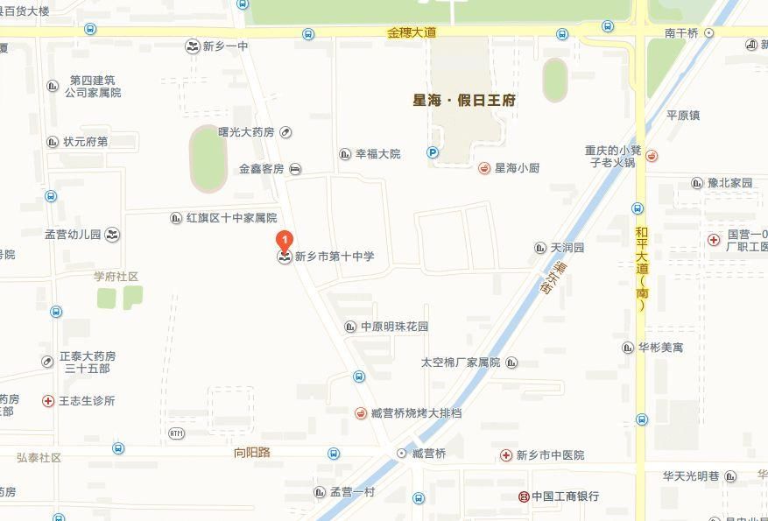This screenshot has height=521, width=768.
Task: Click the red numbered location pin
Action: tap(284, 239)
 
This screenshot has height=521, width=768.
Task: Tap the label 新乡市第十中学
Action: tap(334, 257)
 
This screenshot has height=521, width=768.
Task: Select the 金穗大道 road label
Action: tap(412, 32)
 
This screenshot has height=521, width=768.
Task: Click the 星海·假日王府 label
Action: tap(464, 100)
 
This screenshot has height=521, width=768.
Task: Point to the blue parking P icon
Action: tap(433, 152)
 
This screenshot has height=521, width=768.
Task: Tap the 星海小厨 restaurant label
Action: tap(518, 168)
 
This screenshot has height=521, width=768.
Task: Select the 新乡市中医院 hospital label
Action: tap(550, 455)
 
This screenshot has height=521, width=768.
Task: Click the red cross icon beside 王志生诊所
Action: tap(48, 401)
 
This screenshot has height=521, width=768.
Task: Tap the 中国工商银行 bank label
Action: tap(565, 496)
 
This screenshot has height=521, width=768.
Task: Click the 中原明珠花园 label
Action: tap(394, 327)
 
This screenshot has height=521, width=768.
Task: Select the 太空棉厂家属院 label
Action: tap(460, 363)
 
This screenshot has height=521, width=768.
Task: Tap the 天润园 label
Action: tap(567, 249)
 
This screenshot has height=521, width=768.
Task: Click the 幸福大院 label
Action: tap(377, 154)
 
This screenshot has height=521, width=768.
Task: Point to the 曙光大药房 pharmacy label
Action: tap(246, 132)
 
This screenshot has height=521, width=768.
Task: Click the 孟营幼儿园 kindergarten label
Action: tap(74, 235)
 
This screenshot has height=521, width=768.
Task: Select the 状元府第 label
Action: tap(85, 142)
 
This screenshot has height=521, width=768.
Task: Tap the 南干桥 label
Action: tap(681, 32)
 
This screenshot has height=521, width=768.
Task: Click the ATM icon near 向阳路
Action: tap(176, 433)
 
